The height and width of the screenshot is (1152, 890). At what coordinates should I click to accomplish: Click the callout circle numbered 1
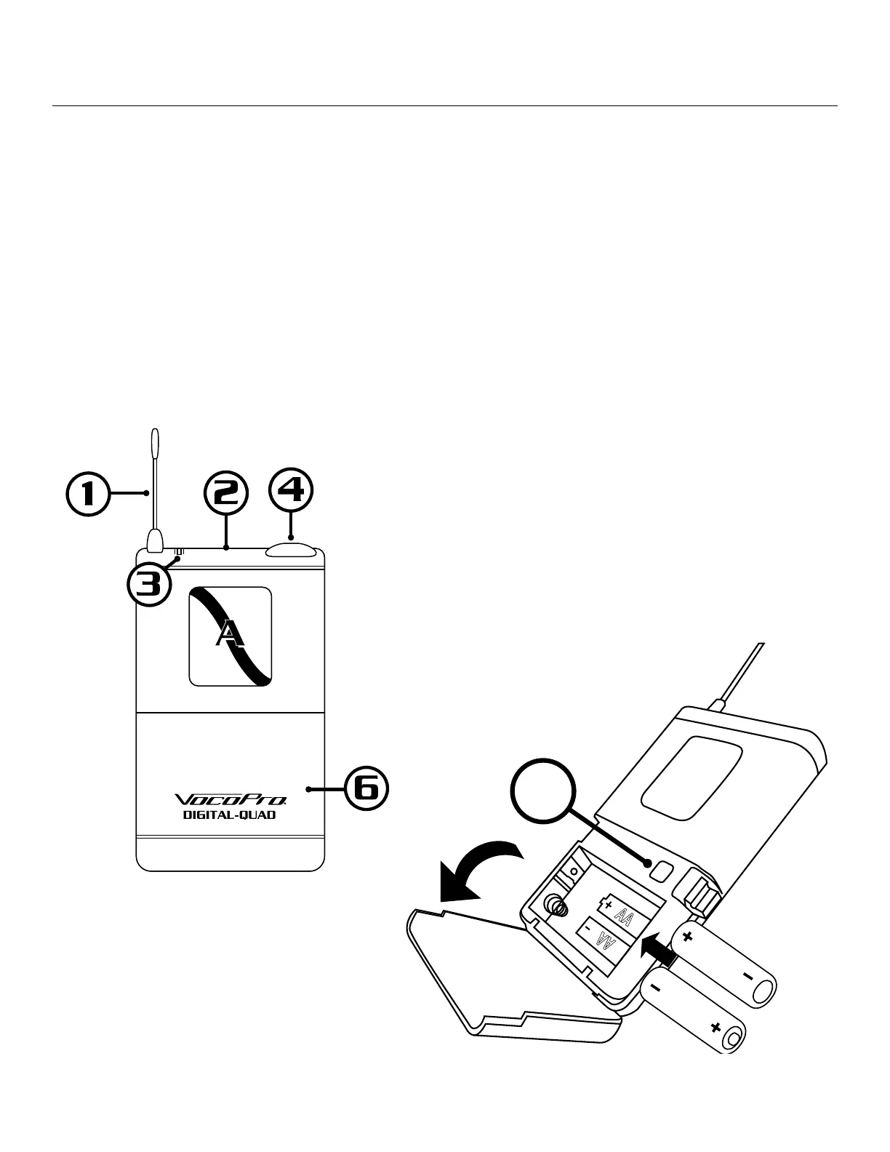[89, 495]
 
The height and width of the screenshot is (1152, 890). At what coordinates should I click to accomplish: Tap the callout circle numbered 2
[226, 495]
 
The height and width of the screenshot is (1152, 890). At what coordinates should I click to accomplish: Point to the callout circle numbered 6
[365, 788]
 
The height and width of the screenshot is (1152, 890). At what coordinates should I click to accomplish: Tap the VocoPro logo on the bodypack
[230, 800]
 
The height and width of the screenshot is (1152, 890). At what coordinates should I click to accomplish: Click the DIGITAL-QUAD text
[229, 815]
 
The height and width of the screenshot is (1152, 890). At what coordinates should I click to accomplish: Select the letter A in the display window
[230, 635]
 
